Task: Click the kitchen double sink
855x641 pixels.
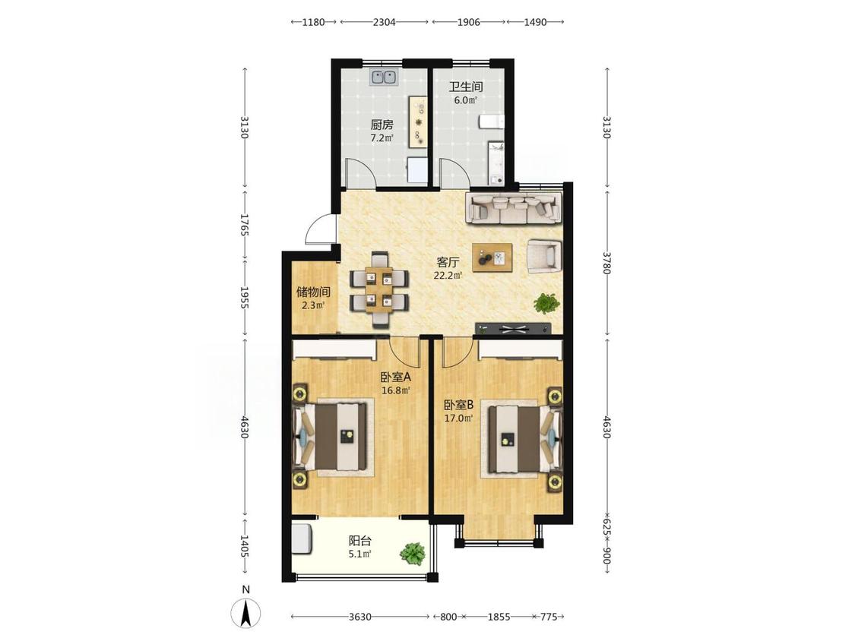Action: (x=385, y=78)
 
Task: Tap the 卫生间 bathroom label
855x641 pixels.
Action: (x=466, y=86)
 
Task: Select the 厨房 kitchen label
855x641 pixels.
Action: (x=382, y=125)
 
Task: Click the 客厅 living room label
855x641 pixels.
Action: (x=448, y=261)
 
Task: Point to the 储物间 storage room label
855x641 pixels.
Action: (x=314, y=292)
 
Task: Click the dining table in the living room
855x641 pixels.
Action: (x=379, y=289)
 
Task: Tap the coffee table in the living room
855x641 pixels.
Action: (x=492, y=257)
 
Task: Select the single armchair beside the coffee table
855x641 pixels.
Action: (x=543, y=256)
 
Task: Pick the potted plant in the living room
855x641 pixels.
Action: (x=546, y=303)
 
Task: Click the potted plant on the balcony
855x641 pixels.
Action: (x=413, y=553)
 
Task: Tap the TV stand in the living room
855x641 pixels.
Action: (x=513, y=328)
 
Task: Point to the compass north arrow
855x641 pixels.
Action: (x=246, y=613)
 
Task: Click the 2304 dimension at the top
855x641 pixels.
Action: (x=384, y=22)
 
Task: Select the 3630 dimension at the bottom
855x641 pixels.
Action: (x=360, y=617)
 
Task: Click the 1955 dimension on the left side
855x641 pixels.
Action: (x=245, y=298)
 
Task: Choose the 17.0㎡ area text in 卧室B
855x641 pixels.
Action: (x=458, y=418)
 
